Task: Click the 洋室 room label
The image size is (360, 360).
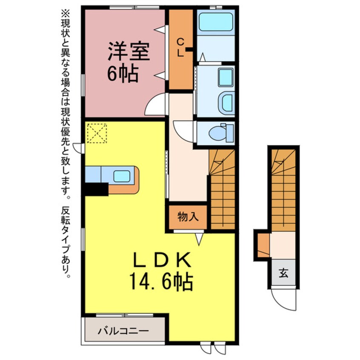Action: coord(129,51)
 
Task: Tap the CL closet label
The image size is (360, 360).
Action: coord(181,48)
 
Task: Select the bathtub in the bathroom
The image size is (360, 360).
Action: coord(216,22)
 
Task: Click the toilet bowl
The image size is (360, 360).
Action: coord(218,133)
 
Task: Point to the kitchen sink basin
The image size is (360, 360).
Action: coord(122,176)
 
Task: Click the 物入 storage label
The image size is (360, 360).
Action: coord(188,217)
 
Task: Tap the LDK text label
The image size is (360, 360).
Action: coord(162,260)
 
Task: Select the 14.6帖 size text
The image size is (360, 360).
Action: coord(161,281)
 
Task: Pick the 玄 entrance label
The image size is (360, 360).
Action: coord(283,273)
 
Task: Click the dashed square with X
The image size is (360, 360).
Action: coord(97,133)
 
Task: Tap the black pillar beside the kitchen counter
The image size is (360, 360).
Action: coord(97,189)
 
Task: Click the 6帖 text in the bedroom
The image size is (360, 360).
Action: coord(123,74)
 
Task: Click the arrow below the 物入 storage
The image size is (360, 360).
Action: coord(199,239)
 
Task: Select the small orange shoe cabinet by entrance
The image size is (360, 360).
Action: coord(263,245)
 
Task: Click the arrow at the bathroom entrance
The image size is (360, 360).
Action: coord(203,57)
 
